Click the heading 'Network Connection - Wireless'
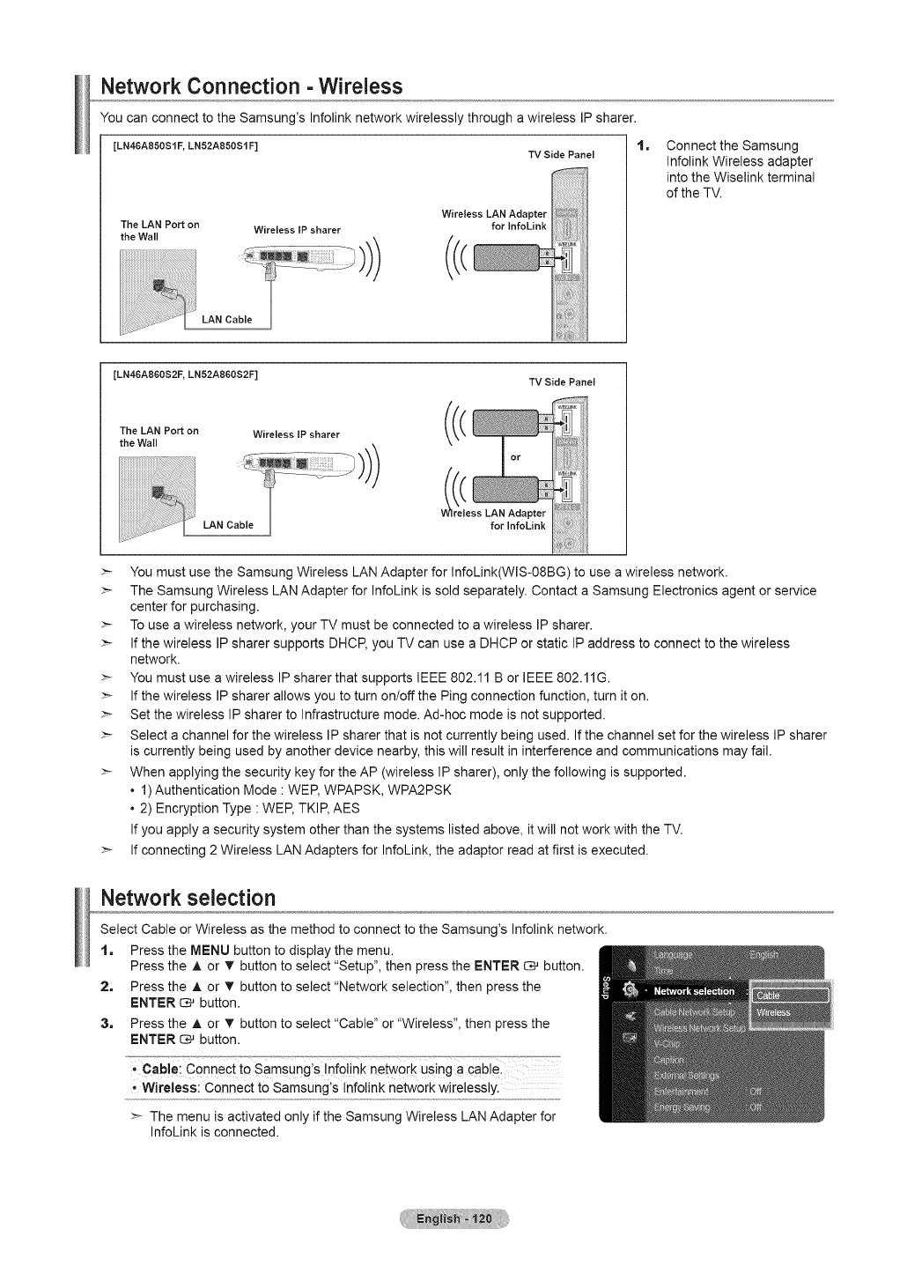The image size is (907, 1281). tap(252, 86)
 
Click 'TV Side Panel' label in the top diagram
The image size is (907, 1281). tap(561, 155)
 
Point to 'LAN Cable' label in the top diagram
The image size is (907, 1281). tap(226, 320)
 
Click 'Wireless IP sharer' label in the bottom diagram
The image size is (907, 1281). tap(296, 434)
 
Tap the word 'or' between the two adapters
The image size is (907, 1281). tap(516, 457)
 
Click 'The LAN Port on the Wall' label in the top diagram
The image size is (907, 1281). tap(159, 231)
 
